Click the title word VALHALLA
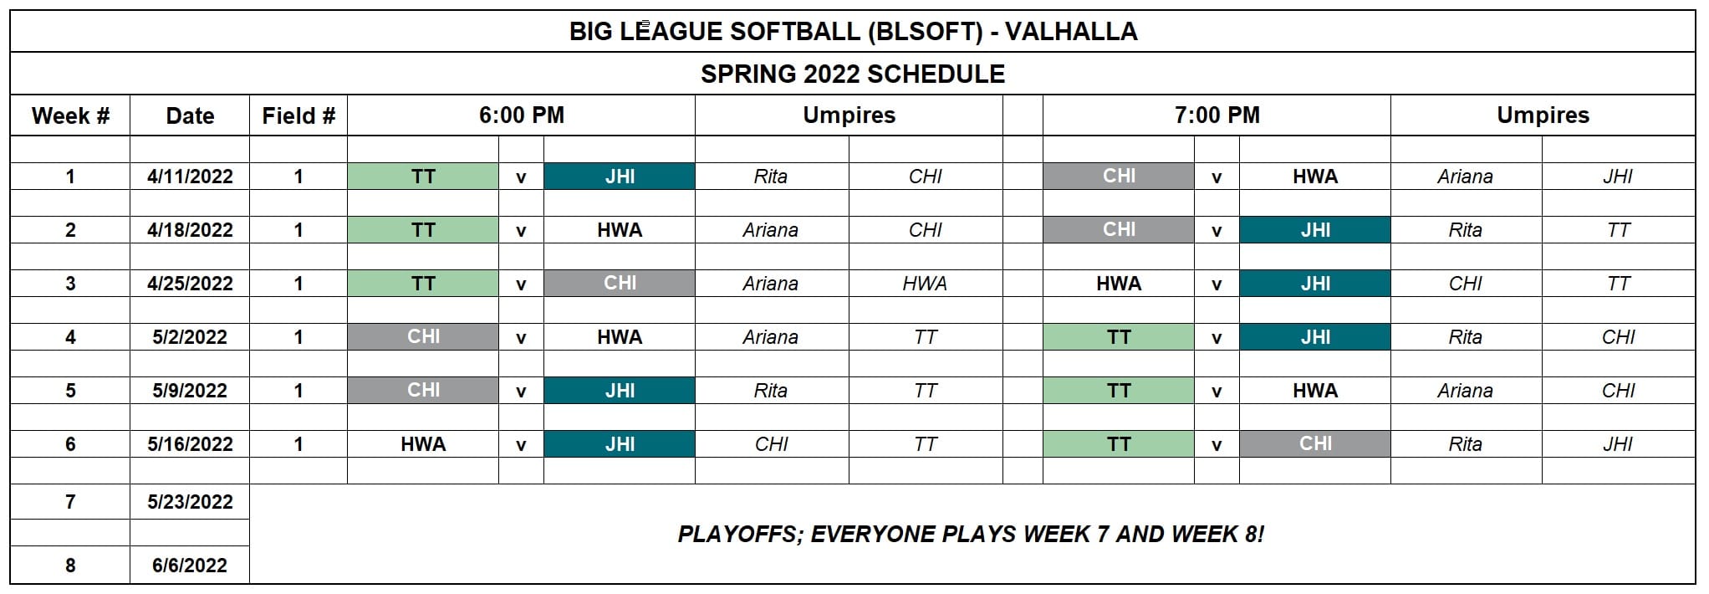1070,32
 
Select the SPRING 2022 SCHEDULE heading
853,74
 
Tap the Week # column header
70,115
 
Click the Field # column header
298,115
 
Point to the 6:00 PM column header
522,115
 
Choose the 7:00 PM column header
1217,115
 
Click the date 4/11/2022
190,177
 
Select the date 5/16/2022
190,444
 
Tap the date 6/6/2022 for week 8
190,566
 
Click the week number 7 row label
70,502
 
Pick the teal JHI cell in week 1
620,177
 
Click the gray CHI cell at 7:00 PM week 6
1315,444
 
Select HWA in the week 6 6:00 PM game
423,444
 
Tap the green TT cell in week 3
423,284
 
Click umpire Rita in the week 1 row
770,177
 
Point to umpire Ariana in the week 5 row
1465,391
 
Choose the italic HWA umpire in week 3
925,284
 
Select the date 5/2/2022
190,337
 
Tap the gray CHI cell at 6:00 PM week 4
423,337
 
